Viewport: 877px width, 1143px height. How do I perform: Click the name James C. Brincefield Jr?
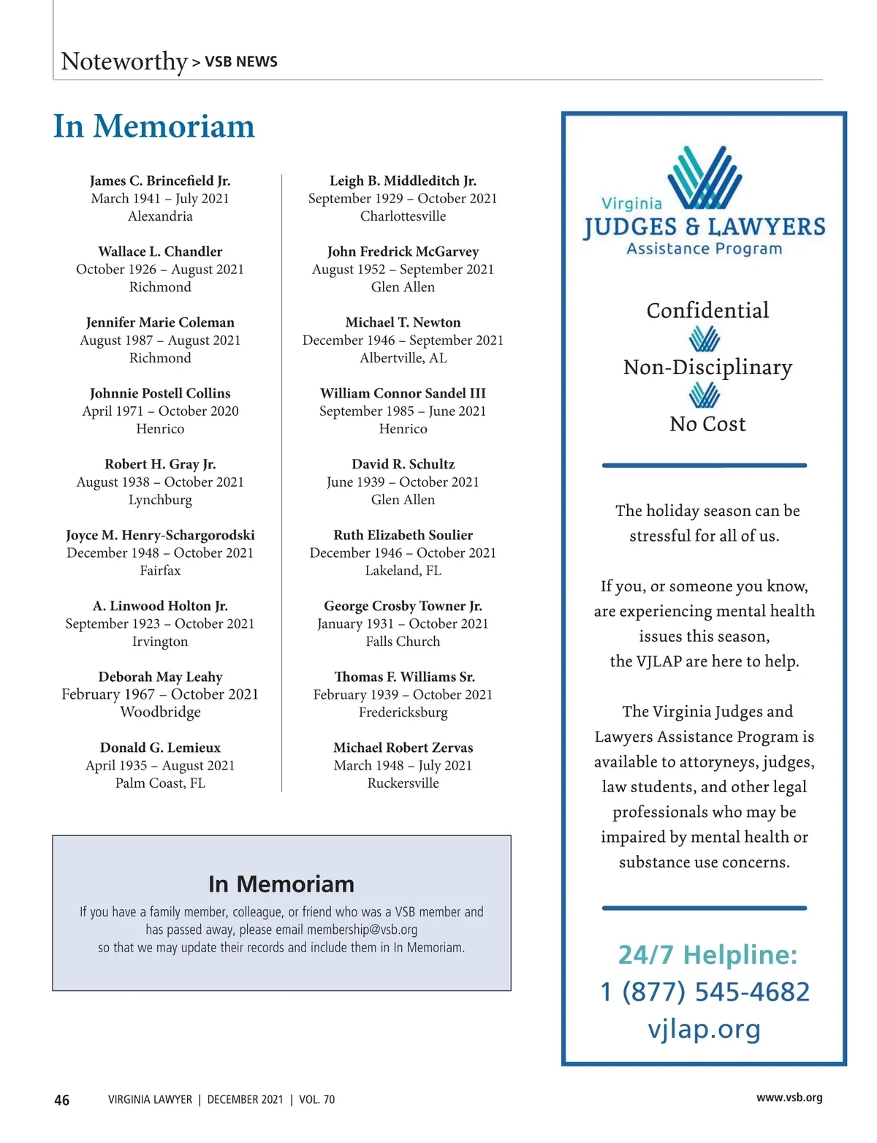pyautogui.click(x=160, y=181)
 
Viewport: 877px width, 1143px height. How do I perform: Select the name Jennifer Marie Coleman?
pyautogui.click(x=160, y=322)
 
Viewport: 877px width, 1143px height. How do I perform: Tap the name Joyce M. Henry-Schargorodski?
pyautogui.click(x=160, y=535)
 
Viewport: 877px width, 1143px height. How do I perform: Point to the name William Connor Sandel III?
pyautogui.click(x=403, y=393)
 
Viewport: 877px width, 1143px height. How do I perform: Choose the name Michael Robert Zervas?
pyautogui.click(x=403, y=748)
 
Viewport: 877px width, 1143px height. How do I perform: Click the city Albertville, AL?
pyautogui.click(x=403, y=358)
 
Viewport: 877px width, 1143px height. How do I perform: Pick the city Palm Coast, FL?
pyautogui.click(x=160, y=783)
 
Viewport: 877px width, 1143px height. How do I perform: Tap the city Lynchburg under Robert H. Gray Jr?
pyautogui.click(x=160, y=500)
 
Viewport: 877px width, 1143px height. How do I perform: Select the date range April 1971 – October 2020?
pyautogui.click(x=160, y=411)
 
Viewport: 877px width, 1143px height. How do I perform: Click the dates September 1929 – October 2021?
pyautogui.click(x=403, y=198)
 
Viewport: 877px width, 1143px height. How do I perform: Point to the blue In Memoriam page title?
pyautogui.click(x=153, y=126)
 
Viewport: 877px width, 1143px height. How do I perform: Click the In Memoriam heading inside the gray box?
pyautogui.click(x=281, y=884)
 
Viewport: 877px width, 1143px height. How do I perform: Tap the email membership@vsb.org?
pyautogui.click(x=362, y=930)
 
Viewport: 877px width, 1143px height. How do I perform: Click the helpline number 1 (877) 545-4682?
pyautogui.click(x=705, y=992)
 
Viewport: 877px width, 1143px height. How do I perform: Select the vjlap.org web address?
pyautogui.click(x=705, y=1028)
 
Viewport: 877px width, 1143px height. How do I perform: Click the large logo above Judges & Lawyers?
pyautogui.click(x=705, y=178)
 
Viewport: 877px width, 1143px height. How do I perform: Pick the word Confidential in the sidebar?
pyautogui.click(x=707, y=311)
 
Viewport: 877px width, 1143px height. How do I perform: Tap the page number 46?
pyautogui.click(x=62, y=1100)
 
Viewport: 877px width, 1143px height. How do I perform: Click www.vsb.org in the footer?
pyautogui.click(x=789, y=1098)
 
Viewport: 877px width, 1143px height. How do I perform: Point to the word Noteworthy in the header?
pyautogui.click(x=124, y=61)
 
